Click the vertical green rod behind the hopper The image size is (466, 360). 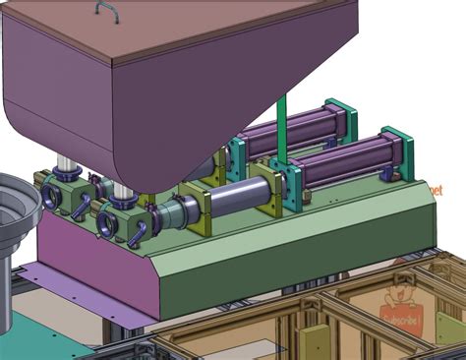tap(281, 128)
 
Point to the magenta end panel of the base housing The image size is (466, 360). tap(93, 266)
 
